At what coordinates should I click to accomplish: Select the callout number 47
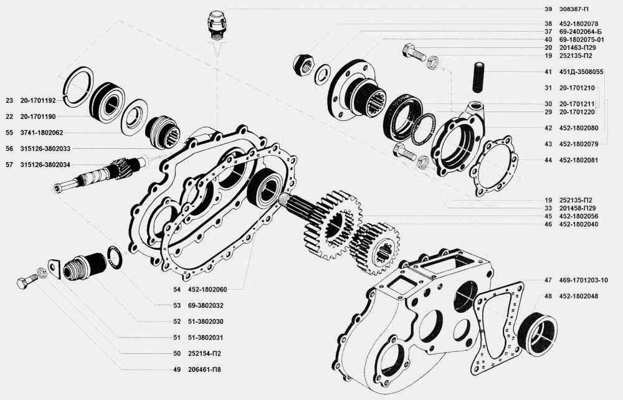click(x=548, y=280)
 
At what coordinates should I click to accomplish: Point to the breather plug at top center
click(x=217, y=26)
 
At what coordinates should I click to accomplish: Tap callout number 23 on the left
click(x=9, y=101)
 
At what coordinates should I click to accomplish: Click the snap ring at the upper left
click(x=78, y=87)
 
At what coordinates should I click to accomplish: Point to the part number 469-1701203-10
click(x=583, y=280)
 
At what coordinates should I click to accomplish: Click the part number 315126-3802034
click(x=45, y=165)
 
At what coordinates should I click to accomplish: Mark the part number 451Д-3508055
click(x=581, y=72)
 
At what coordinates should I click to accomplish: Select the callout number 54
click(x=177, y=290)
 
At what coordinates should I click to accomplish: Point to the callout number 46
click(x=548, y=224)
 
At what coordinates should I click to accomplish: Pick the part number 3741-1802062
click(x=42, y=133)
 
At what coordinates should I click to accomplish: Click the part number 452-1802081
click(x=579, y=161)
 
